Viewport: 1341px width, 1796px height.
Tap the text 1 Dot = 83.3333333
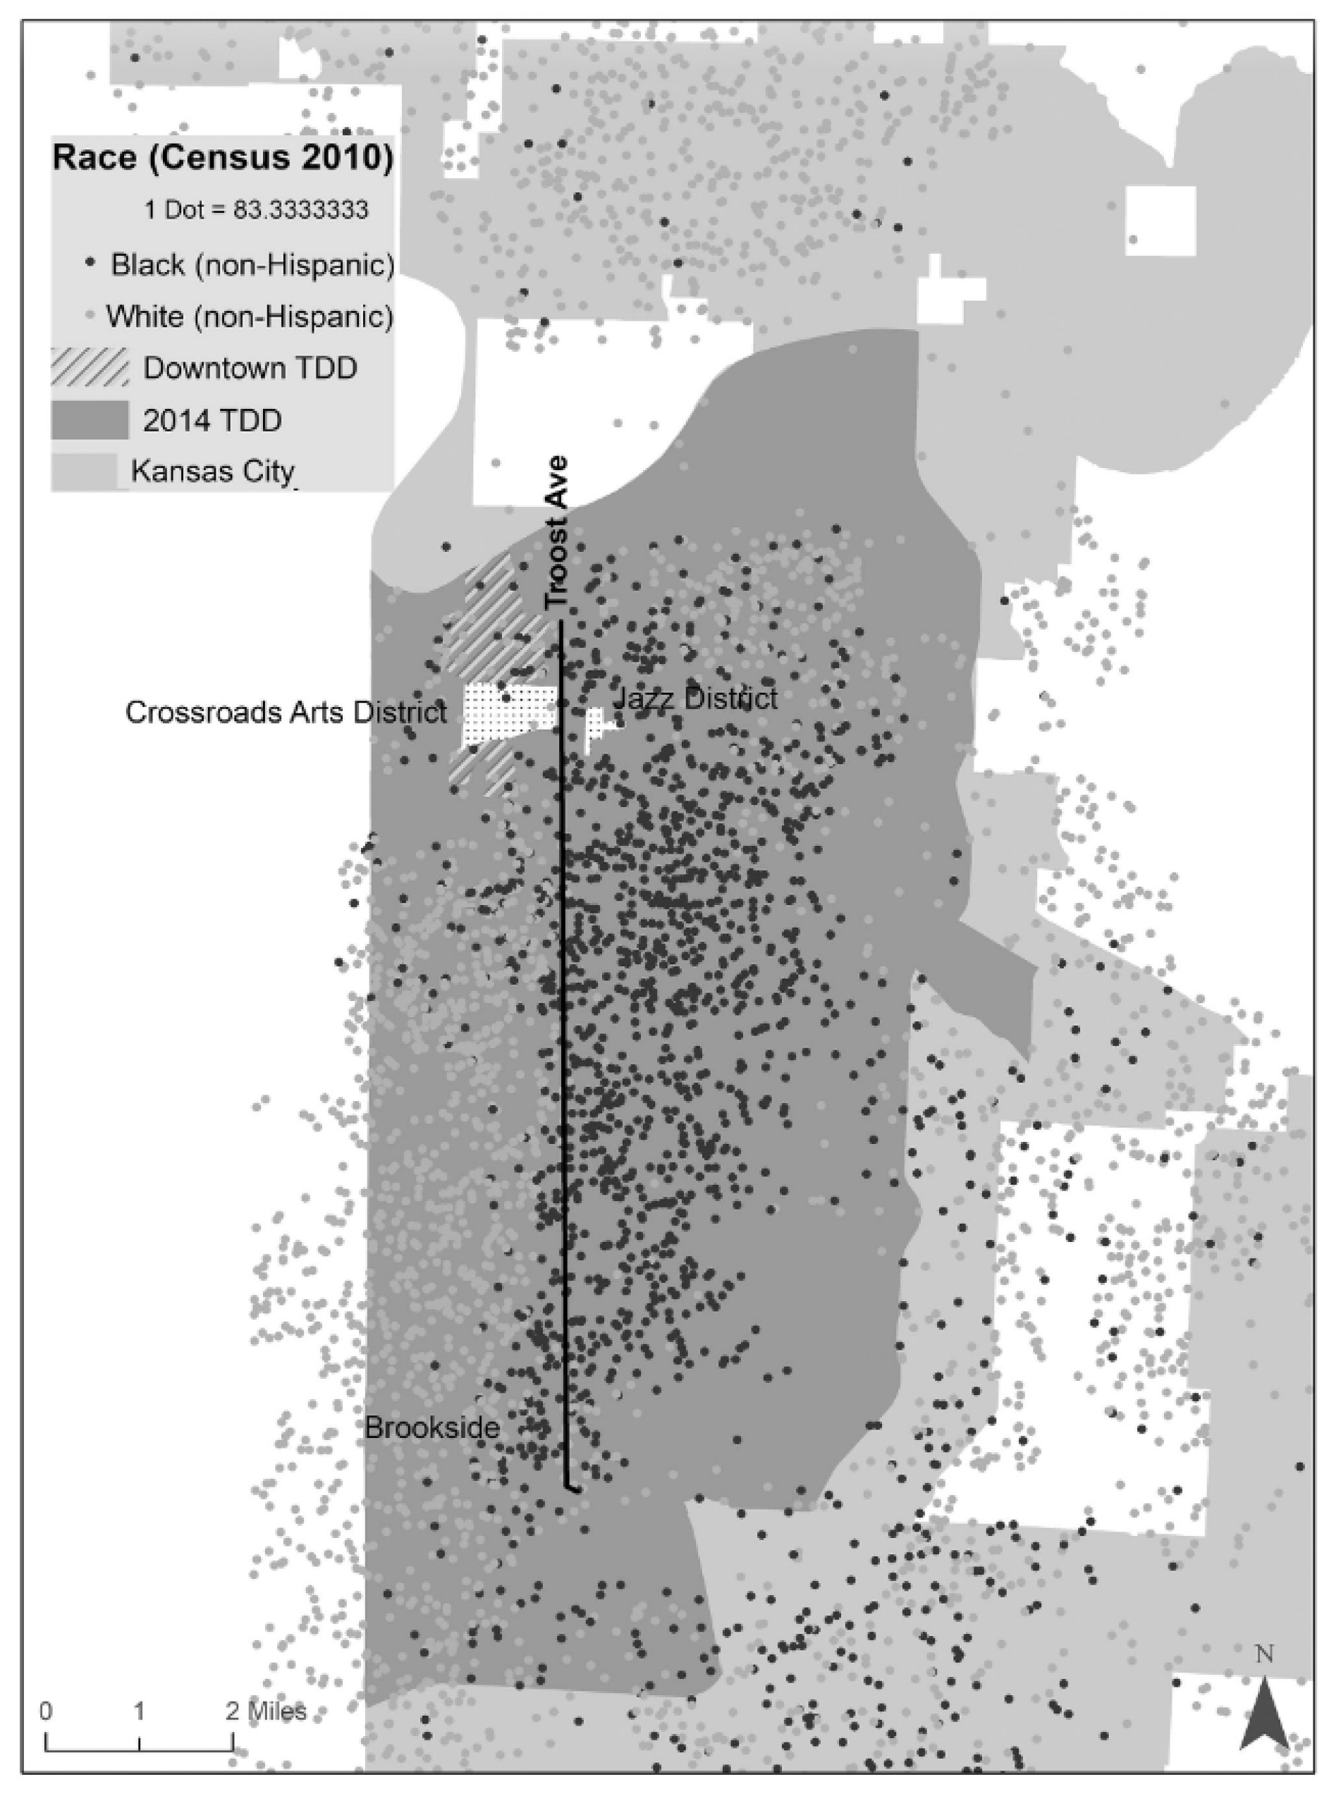click(256, 209)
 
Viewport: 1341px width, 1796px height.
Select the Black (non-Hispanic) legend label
click(252, 264)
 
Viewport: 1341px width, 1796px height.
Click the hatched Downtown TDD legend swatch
click(90, 368)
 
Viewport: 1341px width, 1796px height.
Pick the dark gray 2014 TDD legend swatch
click(90, 420)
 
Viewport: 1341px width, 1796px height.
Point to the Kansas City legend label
click(213, 471)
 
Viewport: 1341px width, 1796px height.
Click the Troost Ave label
click(557, 533)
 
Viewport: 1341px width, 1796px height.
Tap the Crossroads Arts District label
click(286, 712)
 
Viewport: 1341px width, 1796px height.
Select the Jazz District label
click(695, 698)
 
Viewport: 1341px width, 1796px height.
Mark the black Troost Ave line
click(562, 1055)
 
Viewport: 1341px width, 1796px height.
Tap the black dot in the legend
click(91, 263)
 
